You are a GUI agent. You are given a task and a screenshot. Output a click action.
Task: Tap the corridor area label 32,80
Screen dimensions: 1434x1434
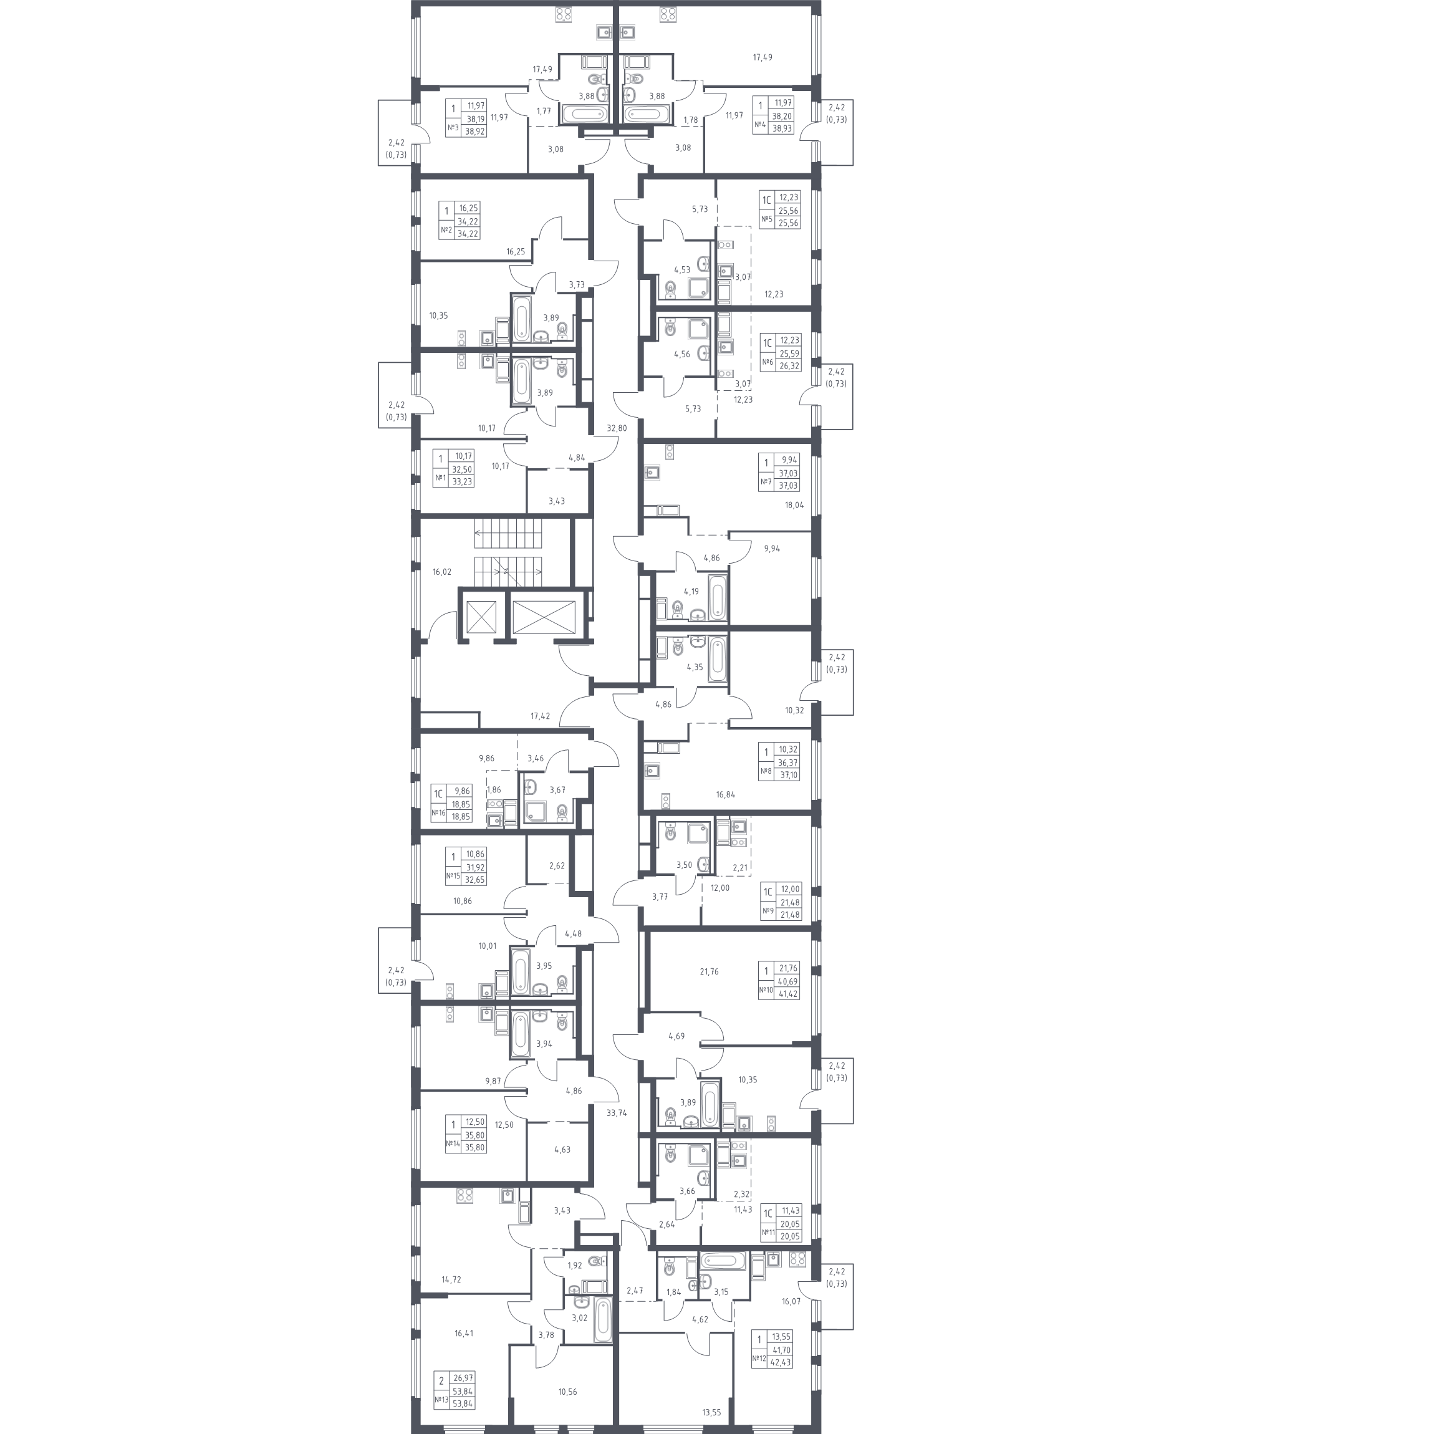(616, 428)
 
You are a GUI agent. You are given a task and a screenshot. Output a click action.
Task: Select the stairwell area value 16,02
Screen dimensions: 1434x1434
(441, 572)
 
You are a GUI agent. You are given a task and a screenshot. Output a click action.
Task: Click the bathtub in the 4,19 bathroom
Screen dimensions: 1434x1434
(717, 597)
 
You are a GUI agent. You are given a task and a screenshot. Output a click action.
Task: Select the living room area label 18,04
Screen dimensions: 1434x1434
(794, 505)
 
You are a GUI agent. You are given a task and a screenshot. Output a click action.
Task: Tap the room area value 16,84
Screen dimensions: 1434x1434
(726, 794)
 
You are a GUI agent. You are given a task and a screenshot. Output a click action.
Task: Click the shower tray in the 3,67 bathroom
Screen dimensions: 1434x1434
(535, 813)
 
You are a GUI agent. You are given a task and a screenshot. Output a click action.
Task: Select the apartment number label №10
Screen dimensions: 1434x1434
(766, 989)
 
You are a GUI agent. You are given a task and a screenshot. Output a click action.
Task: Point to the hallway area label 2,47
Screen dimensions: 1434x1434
(635, 1291)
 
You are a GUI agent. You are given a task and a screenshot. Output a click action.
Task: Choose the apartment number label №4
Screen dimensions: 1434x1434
(760, 124)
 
